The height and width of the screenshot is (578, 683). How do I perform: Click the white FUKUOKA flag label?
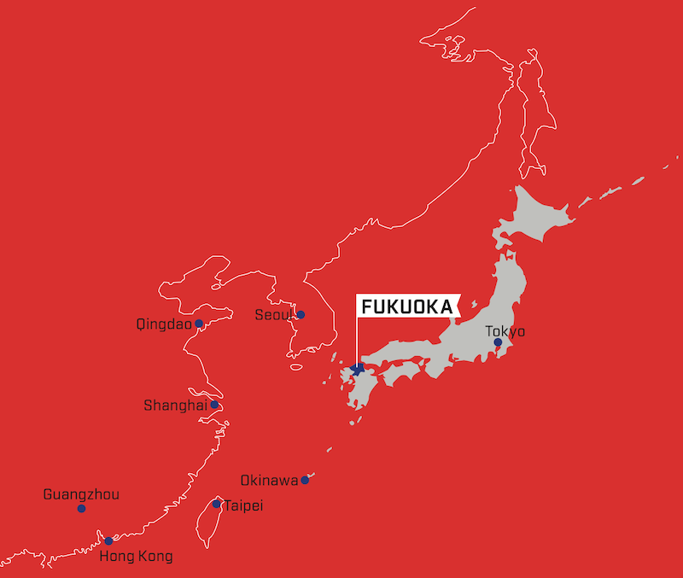(406, 306)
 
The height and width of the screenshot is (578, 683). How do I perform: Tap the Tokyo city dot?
(498, 342)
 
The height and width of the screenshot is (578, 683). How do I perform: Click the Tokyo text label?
(505, 330)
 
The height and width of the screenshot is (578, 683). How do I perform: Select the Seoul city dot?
(301, 314)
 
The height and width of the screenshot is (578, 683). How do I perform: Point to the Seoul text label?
(274, 315)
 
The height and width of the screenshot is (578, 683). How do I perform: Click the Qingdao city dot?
(199, 324)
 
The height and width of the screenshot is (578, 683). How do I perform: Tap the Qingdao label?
(163, 324)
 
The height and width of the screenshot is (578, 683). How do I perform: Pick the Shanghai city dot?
(215, 405)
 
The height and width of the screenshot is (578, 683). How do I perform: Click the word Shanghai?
(175, 406)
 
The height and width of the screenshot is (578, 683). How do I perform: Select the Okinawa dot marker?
(305, 480)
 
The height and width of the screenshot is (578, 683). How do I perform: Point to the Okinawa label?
(269, 480)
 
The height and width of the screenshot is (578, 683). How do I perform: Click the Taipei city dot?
(217, 505)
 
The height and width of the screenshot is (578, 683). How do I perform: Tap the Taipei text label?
(242, 506)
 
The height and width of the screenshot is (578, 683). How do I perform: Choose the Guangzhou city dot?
(81, 509)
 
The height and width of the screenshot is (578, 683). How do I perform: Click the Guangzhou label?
(81, 494)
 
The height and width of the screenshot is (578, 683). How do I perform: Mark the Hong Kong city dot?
(108, 540)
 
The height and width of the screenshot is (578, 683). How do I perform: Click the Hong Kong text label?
(136, 557)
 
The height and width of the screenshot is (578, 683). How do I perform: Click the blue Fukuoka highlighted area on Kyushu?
(357, 370)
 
